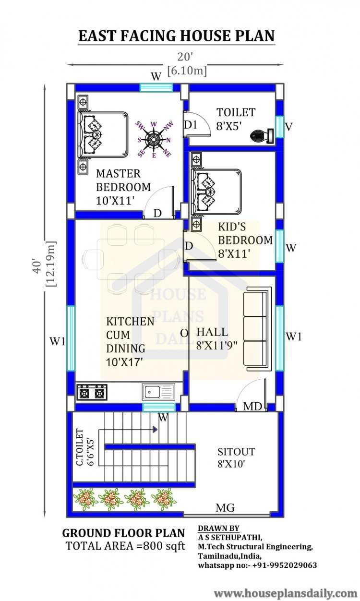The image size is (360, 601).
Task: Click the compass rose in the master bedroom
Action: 154,140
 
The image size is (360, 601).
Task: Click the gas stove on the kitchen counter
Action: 92,393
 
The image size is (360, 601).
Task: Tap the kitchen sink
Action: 158,392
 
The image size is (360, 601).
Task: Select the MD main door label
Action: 252,407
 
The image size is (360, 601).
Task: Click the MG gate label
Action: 225,508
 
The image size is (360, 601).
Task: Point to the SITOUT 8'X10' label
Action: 236,457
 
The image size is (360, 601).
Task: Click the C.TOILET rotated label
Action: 84,447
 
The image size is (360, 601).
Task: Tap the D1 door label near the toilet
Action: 191,125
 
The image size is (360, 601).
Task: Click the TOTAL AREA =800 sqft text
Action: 125,546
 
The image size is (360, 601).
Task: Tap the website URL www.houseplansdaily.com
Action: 286,593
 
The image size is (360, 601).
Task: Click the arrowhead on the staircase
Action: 155,430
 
